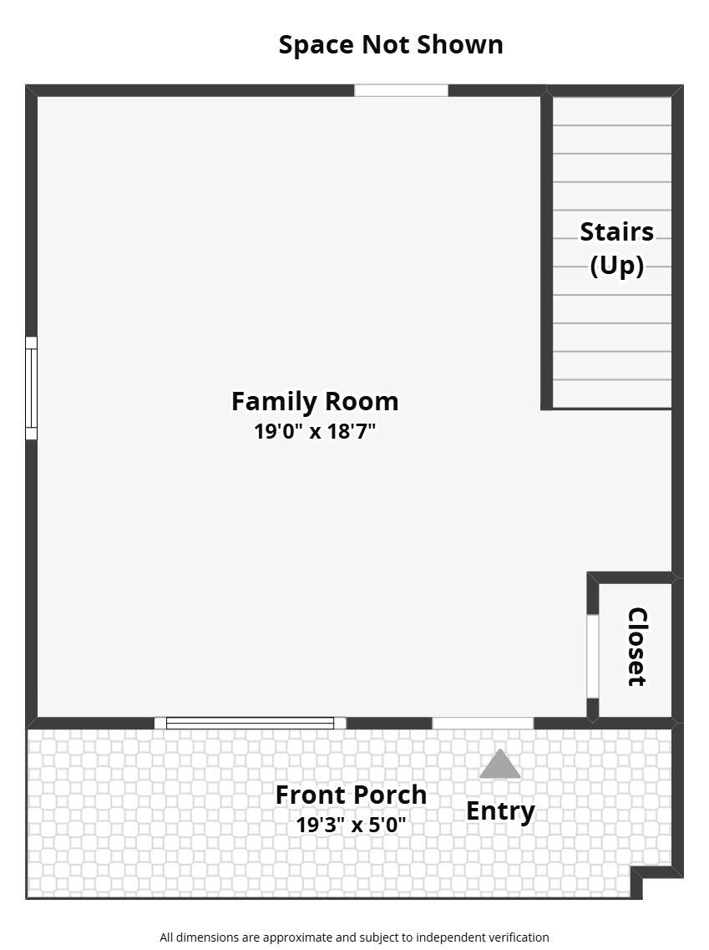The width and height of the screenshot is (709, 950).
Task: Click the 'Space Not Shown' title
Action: click(391, 44)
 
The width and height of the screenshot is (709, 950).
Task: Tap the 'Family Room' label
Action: click(315, 401)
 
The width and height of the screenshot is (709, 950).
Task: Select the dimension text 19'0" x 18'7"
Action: click(315, 431)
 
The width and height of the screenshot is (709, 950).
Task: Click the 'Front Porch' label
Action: click(351, 795)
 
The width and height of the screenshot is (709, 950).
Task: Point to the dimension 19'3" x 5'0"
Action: click(351, 825)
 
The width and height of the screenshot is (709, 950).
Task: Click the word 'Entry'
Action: click(500, 810)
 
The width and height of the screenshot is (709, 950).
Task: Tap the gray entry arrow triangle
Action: click(500, 765)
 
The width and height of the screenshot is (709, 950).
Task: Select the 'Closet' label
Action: click(637, 647)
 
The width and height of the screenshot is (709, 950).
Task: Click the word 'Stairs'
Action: click(617, 231)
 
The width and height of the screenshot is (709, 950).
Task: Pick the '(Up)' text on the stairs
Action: click(617, 266)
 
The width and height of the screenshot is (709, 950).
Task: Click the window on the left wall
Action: click(31, 388)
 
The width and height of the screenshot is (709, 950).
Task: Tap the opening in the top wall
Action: click(401, 90)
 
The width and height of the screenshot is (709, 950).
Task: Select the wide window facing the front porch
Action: click(250, 723)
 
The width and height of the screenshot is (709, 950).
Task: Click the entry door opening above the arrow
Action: click(483, 723)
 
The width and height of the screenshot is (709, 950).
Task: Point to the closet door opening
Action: click(592, 656)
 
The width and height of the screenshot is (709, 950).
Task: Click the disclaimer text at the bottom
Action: click(354, 937)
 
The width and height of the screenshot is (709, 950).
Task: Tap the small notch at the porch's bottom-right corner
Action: click(637, 881)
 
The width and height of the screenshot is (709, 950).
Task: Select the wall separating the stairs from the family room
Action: click(546, 251)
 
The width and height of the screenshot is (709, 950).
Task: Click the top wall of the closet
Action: click(632, 577)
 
